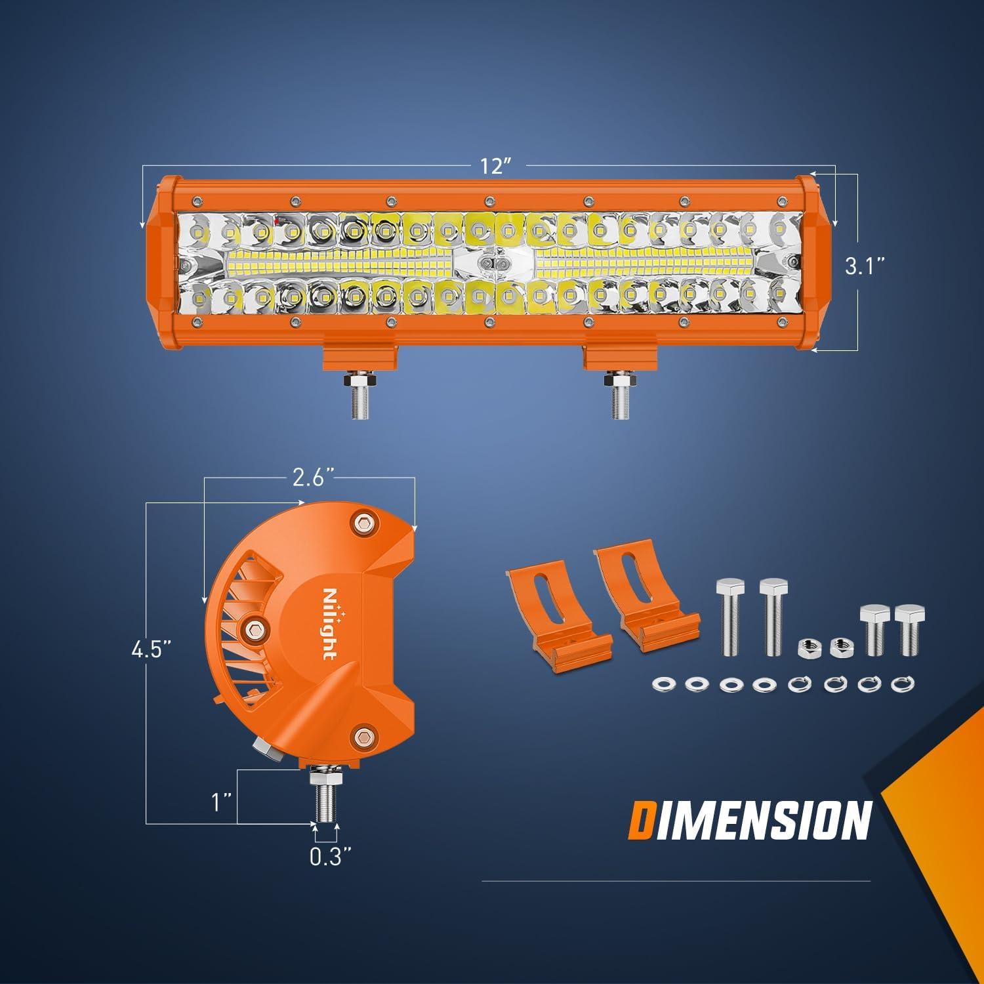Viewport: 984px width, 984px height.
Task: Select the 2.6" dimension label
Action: [310, 480]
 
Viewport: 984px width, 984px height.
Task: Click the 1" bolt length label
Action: [221, 801]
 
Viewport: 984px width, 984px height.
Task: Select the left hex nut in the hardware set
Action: [806, 648]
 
